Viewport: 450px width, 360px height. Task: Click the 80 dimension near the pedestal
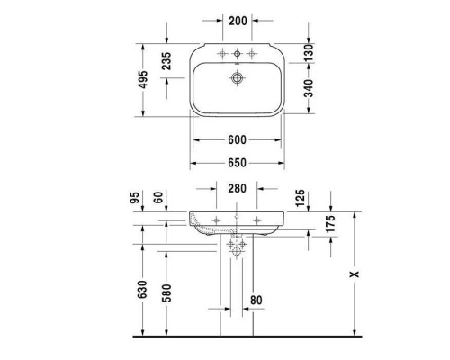(256, 300)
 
